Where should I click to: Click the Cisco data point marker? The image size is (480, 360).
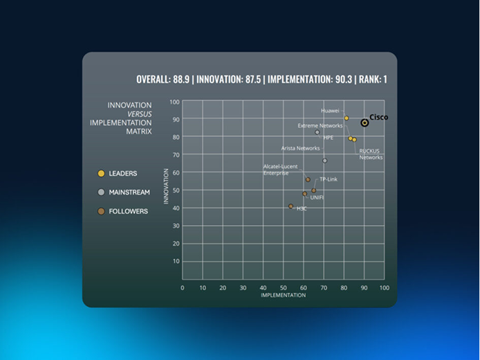tap(364, 123)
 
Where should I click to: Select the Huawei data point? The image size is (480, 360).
tap(347, 118)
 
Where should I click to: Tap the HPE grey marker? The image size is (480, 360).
tap(317, 132)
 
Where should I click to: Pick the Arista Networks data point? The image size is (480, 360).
tap(325, 161)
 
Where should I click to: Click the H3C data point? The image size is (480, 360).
tap(290, 206)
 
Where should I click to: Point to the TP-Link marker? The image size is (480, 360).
tap(314, 190)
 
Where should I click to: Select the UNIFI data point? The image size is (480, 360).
tap(304, 194)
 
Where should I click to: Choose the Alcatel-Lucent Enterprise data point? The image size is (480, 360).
tap(308, 179)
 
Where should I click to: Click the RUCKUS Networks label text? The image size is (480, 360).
tap(371, 154)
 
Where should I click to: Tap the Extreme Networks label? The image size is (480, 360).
tap(320, 125)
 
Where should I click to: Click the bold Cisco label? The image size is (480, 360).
tap(378, 117)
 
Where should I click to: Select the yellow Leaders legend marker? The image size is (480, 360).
tap(101, 173)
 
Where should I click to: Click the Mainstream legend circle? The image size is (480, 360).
tap(101, 192)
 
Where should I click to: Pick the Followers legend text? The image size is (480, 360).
tap(128, 211)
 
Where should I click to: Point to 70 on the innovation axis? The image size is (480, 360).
tap(176, 155)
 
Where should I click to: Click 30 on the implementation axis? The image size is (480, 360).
tap(243, 288)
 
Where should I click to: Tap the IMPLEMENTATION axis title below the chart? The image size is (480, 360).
tap(283, 295)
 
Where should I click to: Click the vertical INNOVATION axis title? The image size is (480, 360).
tap(166, 186)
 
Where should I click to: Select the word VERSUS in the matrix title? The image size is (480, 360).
tap(140, 114)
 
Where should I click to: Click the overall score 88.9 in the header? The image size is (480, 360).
tap(181, 80)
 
